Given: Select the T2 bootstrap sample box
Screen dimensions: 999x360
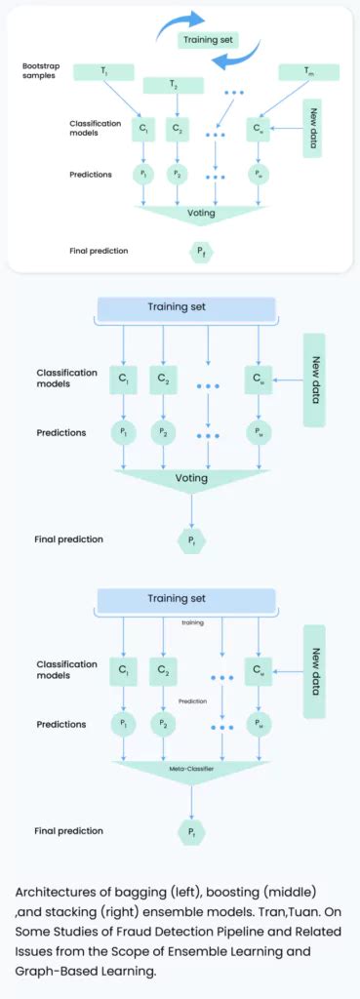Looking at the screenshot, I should [173, 86].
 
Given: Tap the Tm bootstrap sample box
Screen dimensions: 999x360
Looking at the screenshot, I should [308, 72].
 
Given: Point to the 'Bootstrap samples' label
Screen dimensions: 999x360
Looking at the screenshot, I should [45, 70].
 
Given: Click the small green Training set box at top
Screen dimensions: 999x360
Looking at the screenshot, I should [207, 40].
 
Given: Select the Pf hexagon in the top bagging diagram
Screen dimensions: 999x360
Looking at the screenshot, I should [200, 252].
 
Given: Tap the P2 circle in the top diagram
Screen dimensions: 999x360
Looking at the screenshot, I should [177, 175].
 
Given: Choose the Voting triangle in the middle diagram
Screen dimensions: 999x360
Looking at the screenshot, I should [191, 479].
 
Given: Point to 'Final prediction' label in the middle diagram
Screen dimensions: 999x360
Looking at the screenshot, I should [68, 539].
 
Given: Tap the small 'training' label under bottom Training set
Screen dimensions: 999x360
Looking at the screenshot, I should [192, 620].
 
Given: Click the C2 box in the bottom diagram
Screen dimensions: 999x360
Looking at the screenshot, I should [163, 670].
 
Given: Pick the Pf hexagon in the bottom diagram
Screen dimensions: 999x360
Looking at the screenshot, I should [191, 831].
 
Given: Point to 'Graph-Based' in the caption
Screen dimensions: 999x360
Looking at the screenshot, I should [58, 972].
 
